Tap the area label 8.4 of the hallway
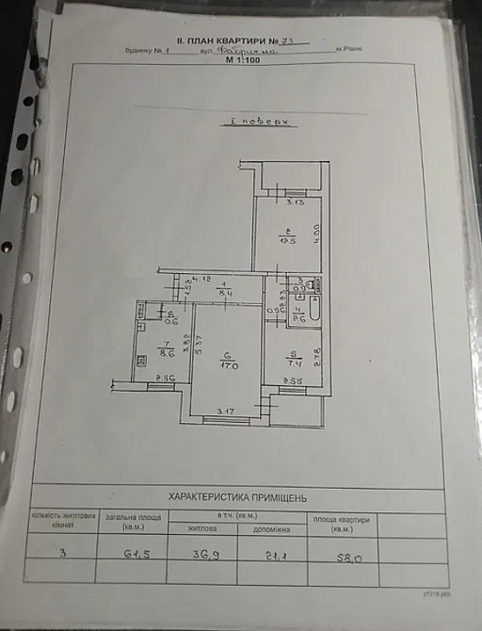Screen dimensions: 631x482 [221, 294]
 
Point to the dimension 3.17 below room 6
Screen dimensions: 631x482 [224, 410]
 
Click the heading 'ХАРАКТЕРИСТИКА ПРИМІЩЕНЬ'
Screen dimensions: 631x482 [236, 497]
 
